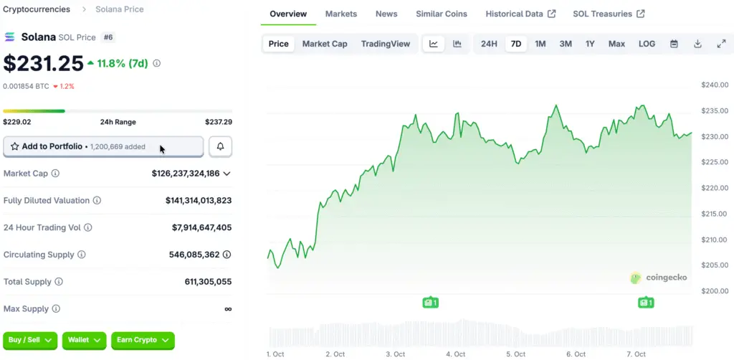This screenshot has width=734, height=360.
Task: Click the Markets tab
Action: click(340, 14)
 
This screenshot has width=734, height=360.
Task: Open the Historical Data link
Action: click(520, 14)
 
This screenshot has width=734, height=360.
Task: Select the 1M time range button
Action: click(540, 44)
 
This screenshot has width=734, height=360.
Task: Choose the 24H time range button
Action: click(489, 44)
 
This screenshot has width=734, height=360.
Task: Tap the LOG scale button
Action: click(647, 44)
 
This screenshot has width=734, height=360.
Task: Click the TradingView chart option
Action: click(386, 44)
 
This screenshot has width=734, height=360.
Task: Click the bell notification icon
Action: click(220, 146)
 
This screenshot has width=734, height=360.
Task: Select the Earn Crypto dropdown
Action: click(143, 339)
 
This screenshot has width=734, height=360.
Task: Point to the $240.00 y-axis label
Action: click(714, 85)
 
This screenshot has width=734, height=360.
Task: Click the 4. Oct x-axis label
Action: click(455, 354)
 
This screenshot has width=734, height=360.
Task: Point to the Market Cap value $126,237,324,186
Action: click(186, 174)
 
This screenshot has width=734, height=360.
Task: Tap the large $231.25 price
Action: click(44, 64)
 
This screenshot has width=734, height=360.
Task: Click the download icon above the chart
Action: click(697, 44)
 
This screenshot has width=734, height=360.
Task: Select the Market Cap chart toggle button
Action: click(325, 44)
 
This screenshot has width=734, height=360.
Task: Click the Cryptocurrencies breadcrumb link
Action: click(37, 9)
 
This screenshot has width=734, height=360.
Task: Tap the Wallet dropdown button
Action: click(85, 339)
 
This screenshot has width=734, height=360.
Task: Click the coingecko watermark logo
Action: click(660, 278)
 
